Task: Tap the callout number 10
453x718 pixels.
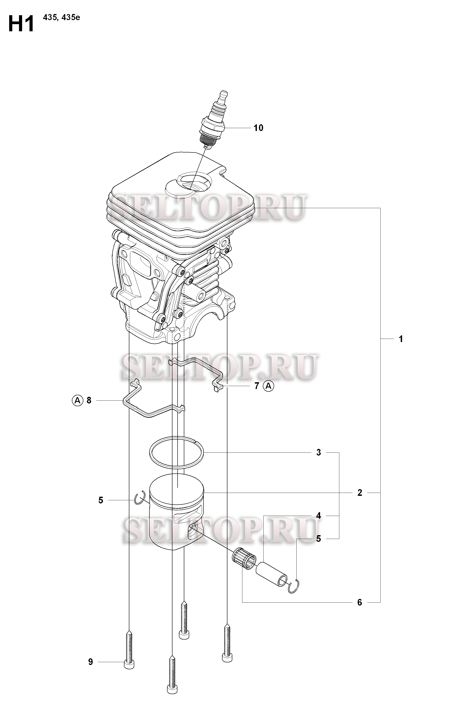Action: coord(258,128)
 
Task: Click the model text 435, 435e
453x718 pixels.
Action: coord(61,18)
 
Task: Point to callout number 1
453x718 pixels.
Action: coord(401,339)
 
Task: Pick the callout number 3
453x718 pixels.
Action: coord(319,453)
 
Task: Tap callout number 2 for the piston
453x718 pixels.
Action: coord(360,493)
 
